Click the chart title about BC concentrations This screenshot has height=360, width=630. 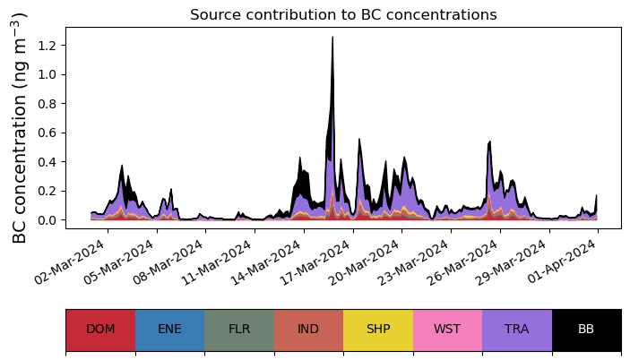click(x=343, y=14)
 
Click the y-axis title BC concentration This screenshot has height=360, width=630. click(x=20, y=128)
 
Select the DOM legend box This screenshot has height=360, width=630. click(x=100, y=330)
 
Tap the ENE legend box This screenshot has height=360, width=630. click(x=169, y=330)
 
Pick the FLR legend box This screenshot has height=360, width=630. click(x=239, y=330)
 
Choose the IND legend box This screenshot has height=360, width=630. click(x=308, y=330)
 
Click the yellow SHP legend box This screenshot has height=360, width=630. click(x=378, y=330)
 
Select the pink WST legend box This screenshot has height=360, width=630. click(x=447, y=330)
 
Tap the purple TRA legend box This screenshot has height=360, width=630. click(x=517, y=330)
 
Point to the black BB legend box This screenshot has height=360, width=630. click(x=586, y=330)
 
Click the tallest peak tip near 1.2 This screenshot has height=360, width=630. click(x=332, y=38)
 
